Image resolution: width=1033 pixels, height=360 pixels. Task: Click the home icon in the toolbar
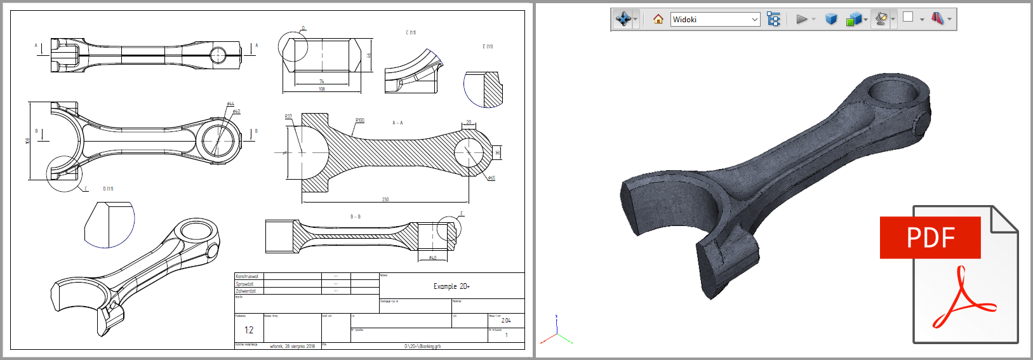click(x=658, y=19)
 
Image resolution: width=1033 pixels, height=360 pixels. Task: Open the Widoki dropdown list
click(x=754, y=20)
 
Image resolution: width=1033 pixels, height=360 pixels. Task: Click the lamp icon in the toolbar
click(x=881, y=19)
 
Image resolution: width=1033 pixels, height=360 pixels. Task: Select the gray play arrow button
click(x=801, y=19)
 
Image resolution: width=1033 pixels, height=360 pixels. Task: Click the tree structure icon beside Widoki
click(x=773, y=19)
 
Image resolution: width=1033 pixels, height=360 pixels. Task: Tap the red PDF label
click(x=930, y=237)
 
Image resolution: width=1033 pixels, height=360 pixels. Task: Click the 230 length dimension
click(x=385, y=199)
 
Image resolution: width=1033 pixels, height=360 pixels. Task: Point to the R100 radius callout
click(x=359, y=120)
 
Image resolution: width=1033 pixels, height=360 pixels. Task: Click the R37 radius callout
click(x=288, y=117)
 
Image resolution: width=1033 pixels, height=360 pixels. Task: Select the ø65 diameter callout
click(x=491, y=178)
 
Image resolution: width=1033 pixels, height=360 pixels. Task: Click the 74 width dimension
click(x=322, y=81)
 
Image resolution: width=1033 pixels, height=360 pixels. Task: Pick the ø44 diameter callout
click(x=230, y=103)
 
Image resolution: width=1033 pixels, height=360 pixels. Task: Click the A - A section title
click(x=397, y=123)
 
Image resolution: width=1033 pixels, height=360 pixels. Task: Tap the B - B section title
click(x=356, y=217)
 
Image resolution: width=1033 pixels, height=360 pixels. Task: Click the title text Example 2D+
click(x=451, y=286)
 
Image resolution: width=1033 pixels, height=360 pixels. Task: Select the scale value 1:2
click(x=249, y=330)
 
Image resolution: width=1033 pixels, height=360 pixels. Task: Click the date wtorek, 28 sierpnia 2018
click(x=292, y=346)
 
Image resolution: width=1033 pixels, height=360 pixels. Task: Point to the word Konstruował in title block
click(x=247, y=276)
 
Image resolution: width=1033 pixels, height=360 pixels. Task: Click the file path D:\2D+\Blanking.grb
click(x=422, y=346)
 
